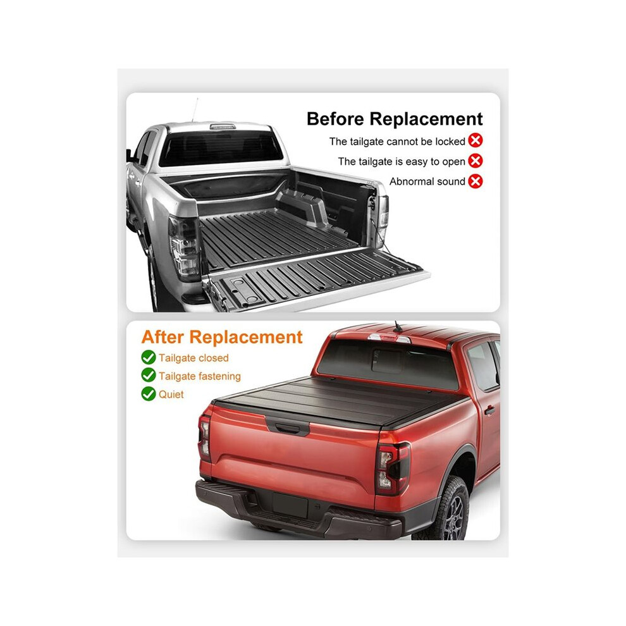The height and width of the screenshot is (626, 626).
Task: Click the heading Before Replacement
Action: (x=395, y=119)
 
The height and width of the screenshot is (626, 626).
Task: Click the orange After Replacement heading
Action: (x=222, y=337)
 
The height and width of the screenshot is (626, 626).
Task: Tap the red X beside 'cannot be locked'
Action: (x=475, y=140)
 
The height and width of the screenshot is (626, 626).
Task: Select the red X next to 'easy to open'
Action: (x=475, y=161)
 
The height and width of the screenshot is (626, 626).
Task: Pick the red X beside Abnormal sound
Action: (x=475, y=181)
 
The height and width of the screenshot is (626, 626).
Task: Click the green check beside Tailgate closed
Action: (x=149, y=357)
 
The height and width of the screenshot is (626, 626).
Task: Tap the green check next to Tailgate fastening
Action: (x=149, y=375)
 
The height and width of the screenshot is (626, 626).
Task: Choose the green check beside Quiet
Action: (x=149, y=394)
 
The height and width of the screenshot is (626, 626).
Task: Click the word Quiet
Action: (x=171, y=395)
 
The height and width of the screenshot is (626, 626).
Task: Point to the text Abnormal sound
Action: (x=427, y=181)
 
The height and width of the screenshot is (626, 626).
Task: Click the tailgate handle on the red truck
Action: (x=288, y=428)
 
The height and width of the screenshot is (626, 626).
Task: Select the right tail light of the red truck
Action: (x=393, y=467)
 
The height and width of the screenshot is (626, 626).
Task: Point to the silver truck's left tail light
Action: (x=184, y=247)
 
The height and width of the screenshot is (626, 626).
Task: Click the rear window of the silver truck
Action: (x=221, y=149)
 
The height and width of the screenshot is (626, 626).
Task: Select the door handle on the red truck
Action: (x=489, y=410)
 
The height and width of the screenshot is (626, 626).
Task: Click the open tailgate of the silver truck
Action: (x=316, y=278)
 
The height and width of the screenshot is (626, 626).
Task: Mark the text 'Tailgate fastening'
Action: (x=200, y=376)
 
